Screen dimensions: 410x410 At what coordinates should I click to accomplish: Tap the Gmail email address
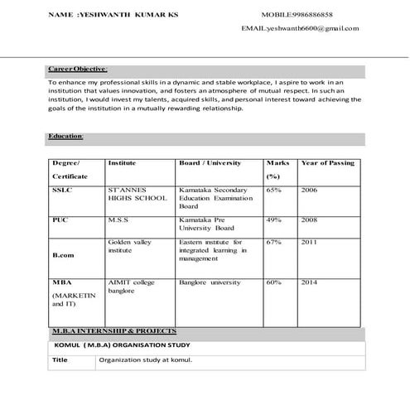300,28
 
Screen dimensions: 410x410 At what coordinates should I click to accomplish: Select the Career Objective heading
78,70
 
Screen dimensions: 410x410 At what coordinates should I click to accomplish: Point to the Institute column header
122,163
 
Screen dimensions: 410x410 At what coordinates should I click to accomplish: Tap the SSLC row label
62,190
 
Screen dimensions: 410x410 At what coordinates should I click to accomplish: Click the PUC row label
60,221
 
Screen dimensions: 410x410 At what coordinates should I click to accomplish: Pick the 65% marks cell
274,190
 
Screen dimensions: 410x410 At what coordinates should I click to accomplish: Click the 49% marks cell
274,221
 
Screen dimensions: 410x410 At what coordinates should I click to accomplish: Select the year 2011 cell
309,242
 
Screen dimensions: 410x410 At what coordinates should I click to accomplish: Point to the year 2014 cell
309,282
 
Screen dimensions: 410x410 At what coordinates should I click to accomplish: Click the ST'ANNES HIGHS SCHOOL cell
137,195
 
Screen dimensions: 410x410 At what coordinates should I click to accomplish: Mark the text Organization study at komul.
145,361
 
